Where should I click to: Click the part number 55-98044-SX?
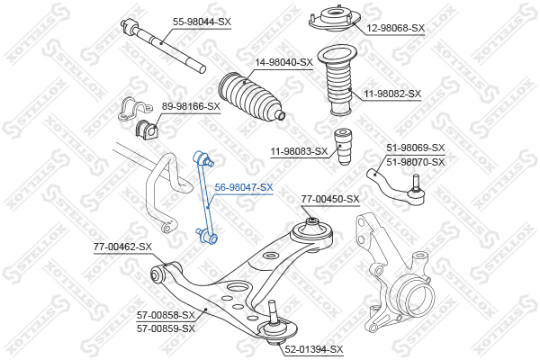(202, 22)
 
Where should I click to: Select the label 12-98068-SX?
(395, 28)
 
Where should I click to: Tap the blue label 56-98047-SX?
(244, 187)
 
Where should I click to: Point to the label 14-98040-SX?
(283, 62)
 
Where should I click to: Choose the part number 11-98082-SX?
(392, 94)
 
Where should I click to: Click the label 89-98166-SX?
(191, 106)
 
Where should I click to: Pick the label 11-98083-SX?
(299, 151)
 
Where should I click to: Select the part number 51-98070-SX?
(416, 162)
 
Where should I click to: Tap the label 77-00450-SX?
(330, 199)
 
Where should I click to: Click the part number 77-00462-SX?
(122, 247)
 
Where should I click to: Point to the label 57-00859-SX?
(166, 328)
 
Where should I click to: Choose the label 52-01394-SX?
(314, 349)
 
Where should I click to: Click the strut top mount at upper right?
(335, 19)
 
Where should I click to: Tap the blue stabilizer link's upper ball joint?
(203, 157)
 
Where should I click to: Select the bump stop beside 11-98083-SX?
(344, 146)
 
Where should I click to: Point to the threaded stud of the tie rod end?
(416, 183)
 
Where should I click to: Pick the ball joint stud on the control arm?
(273, 312)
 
